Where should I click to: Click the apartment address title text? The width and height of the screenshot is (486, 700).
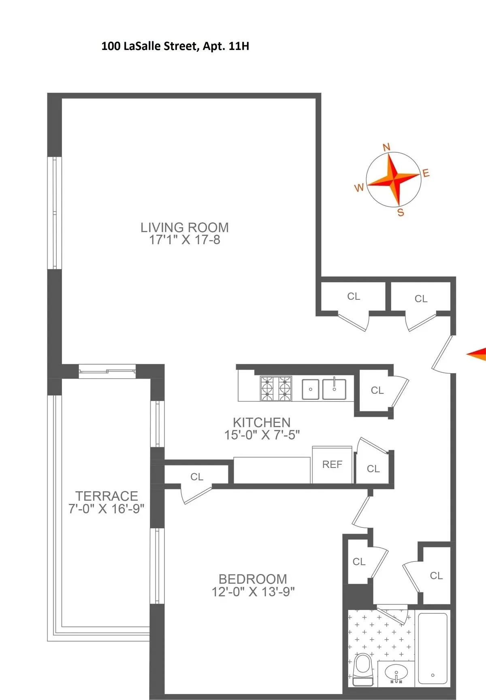click(175, 46)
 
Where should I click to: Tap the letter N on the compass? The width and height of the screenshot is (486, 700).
click(386, 147)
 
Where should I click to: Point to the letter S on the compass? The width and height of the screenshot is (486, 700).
click(401, 213)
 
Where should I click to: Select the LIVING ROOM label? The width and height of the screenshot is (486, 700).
click(185, 228)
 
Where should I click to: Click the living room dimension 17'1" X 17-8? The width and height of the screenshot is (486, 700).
click(185, 240)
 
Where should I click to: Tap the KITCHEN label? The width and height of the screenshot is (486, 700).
click(262, 423)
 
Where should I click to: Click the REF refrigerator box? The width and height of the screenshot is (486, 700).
click(332, 465)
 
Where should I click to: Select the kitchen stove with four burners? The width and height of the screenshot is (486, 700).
click(276, 389)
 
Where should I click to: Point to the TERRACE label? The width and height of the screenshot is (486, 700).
click(107, 496)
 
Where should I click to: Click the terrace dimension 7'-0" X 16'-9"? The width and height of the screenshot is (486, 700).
click(107, 509)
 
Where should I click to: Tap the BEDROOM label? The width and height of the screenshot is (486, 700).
click(253, 579)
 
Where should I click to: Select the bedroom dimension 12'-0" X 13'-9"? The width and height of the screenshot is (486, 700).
click(253, 592)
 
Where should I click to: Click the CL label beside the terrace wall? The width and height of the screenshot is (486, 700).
click(197, 477)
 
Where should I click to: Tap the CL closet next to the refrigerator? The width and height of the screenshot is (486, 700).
click(373, 469)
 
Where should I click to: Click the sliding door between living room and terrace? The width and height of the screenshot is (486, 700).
click(107, 371)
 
